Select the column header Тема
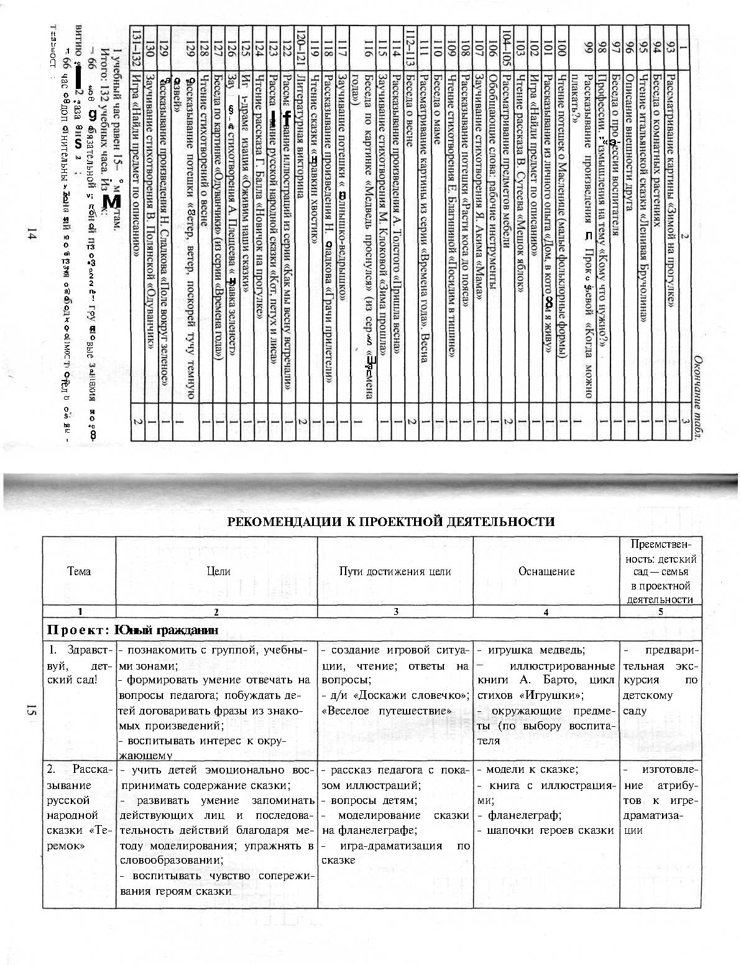click(79, 571)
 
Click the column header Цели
click(217, 571)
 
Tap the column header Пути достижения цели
click(395, 571)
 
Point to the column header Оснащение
click(546, 571)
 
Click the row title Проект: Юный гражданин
click(133, 630)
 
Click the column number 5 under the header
click(660, 612)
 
